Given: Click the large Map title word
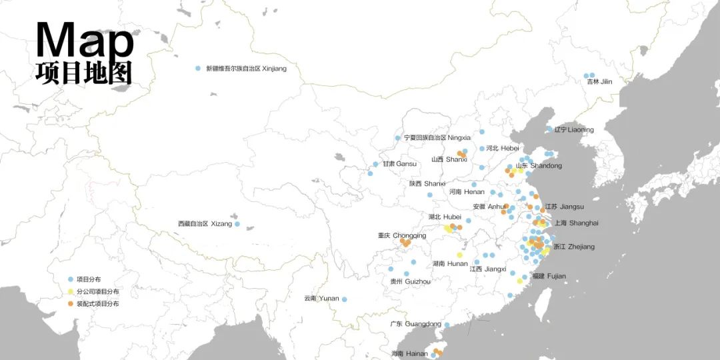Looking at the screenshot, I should coord(85,40).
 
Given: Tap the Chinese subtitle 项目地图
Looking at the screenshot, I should coord(84,73).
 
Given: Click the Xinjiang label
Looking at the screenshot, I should coord(246,69).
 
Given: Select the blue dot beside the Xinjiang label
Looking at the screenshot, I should coord(198,69).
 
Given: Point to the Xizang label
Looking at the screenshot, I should coord(205,224).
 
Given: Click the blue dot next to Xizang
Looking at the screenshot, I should coord(237,224).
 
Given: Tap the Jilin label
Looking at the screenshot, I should coord(599,82).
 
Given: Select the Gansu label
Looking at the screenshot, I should coord(399,164).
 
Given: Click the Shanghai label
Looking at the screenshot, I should coord(577,223).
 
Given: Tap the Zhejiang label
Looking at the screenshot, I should coord(573,247).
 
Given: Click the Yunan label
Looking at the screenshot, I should coord(321,299).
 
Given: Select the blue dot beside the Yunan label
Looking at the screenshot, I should coord(345,299).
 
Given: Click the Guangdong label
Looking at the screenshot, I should coord(416,325).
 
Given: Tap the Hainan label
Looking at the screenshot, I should coord(409,354).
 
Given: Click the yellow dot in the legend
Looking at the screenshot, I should coord(71,292).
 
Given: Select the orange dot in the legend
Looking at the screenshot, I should coord(71,304).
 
